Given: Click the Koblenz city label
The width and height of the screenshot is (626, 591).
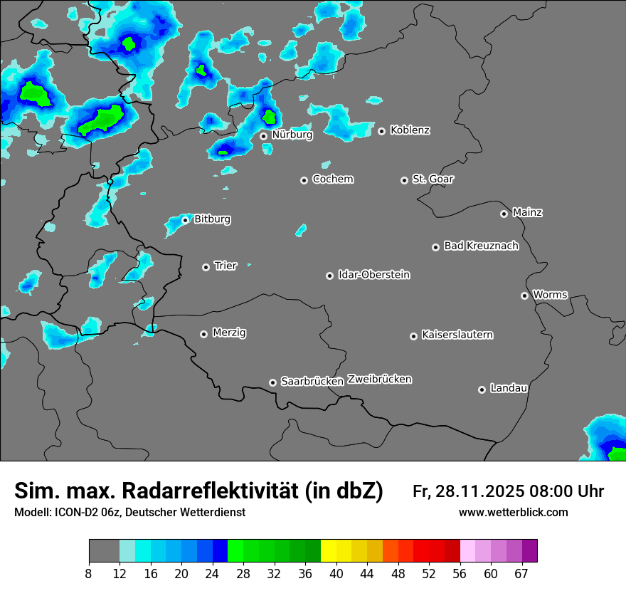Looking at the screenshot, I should (x=410, y=130).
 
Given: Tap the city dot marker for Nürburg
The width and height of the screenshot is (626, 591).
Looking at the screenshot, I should (x=263, y=136).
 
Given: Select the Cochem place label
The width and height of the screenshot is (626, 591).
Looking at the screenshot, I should (x=332, y=179).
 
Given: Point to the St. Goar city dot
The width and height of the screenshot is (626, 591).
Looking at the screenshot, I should (x=405, y=180).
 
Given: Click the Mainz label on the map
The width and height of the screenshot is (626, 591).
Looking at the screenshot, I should (x=527, y=212).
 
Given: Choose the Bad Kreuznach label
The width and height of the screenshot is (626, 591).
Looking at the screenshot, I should (x=481, y=246).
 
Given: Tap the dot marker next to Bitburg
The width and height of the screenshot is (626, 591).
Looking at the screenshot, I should (x=185, y=220).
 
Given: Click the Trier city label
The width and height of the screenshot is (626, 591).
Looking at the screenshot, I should (x=225, y=266).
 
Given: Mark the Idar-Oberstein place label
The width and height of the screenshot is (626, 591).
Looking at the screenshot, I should (x=373, y=274).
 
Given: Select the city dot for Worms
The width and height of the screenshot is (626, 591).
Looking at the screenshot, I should (x=524, y=295).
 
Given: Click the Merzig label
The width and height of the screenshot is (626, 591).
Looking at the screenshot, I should (x=229, y=333).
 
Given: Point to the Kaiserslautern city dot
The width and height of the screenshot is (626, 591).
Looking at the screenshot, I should (x=413, y=336).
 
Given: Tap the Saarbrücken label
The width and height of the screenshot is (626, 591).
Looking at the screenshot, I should (x=312, y=381).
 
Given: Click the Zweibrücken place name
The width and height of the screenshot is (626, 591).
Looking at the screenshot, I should (x=379, y=379).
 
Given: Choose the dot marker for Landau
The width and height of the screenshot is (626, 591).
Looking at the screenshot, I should (x=482, y=389).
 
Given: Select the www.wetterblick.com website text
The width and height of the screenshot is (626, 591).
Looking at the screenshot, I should (x=513, y=513).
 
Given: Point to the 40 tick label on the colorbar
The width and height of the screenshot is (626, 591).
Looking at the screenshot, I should (x=336, y=574).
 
